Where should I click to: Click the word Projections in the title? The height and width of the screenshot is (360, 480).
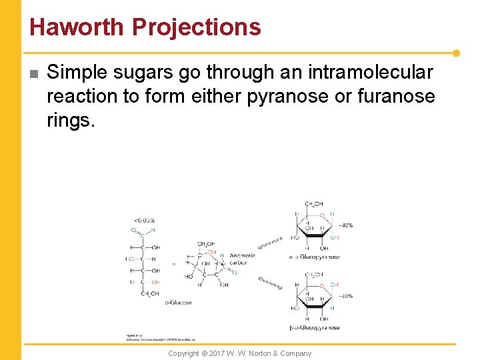point(196,27)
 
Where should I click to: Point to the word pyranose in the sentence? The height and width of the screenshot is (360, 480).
point(287,96)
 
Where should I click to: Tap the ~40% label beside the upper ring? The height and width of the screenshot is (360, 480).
point(345,225)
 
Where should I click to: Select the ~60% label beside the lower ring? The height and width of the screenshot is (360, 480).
point(345,296)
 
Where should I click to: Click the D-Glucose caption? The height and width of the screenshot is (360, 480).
point(178,303)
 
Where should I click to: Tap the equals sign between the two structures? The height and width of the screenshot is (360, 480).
point(174,264)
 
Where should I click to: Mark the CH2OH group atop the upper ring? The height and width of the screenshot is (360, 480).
point(313,204)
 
